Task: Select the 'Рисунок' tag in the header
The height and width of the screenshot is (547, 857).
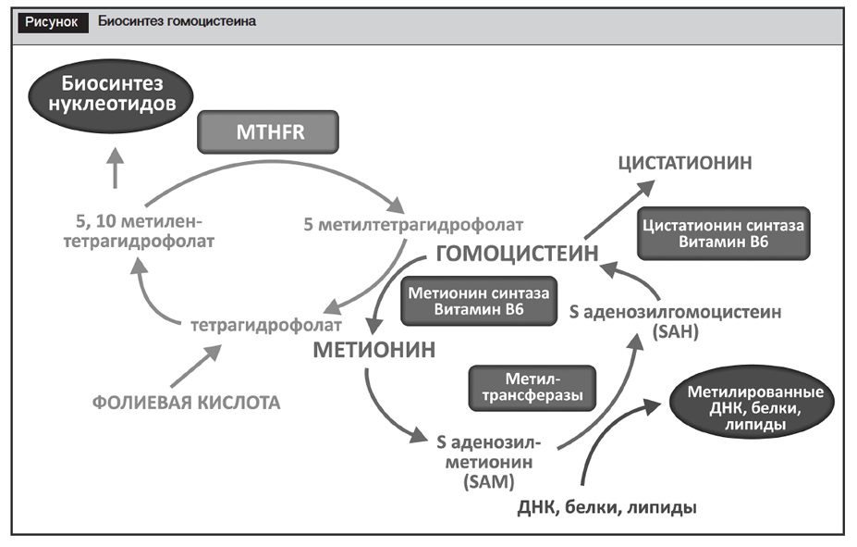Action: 52,20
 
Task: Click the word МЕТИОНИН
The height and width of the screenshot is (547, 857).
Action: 373,351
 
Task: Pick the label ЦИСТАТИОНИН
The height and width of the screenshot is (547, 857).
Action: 685,163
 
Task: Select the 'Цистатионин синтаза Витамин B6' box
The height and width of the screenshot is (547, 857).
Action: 723,233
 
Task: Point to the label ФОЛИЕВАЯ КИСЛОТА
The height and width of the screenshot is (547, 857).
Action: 186,403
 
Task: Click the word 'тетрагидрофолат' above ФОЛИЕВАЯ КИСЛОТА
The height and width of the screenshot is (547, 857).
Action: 267,326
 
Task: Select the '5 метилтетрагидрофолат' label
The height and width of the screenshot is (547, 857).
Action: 413,224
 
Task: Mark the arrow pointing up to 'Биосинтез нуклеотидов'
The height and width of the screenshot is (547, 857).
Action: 115,169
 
